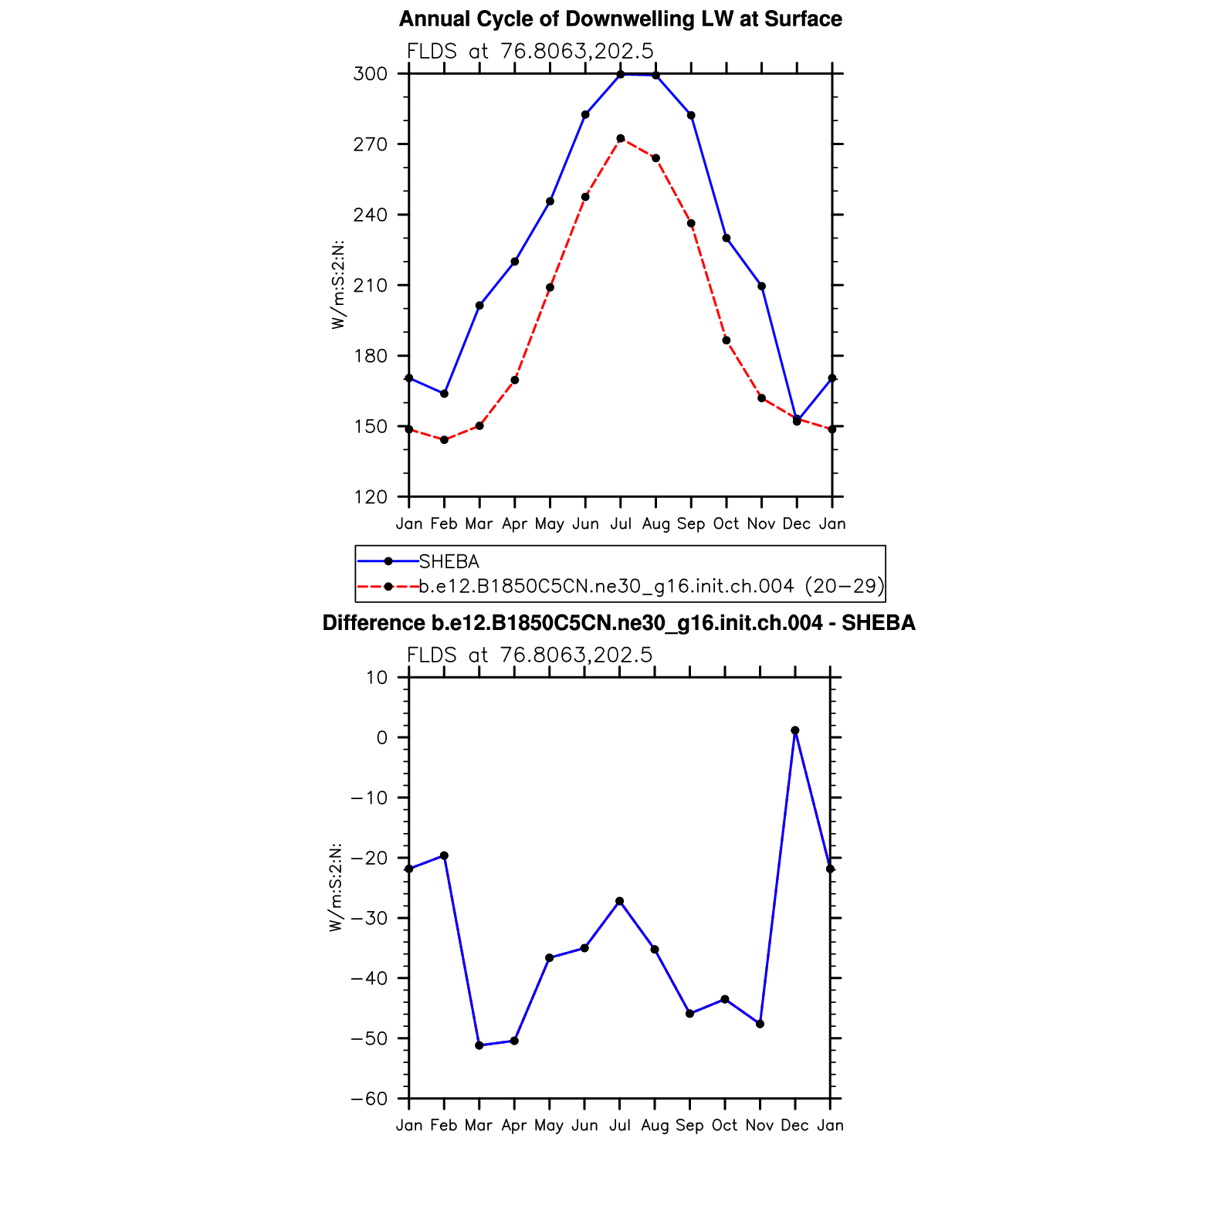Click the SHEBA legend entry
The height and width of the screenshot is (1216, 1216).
tap(449, 562)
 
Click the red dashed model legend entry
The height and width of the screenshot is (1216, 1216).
tap(651, 587)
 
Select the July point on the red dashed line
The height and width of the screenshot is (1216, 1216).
tap(621, 139)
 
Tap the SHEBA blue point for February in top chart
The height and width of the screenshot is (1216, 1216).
tap(444, 394)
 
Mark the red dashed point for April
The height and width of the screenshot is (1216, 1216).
tap(515, 380)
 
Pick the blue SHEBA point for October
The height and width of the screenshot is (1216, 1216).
tap(727, 239)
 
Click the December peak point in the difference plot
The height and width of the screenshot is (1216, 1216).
tap(795, 730)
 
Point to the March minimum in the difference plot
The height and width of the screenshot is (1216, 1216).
tap(479, 1045)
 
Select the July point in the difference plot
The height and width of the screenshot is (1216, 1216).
tap(620, 902)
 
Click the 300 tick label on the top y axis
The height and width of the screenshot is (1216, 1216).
tap(370, 74)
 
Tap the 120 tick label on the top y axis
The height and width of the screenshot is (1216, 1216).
tap(370, 497)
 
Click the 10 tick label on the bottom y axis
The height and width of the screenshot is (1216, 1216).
tap(377, 678)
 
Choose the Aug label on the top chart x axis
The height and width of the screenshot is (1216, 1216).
tap(656, 524)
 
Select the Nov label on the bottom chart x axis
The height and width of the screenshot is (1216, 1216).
tap(760, 1126)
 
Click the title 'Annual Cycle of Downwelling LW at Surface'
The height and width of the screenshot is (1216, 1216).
tap(620, 19)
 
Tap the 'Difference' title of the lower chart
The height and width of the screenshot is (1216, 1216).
tap(618, 623)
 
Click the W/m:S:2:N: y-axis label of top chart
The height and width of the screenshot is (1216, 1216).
tap(338, 286)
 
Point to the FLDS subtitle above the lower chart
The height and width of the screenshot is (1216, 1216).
tap(530, 655)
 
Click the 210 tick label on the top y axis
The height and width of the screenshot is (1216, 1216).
tap(370, 286)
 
